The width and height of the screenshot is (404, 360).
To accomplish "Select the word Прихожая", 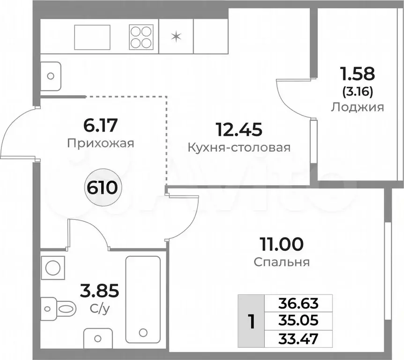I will click(100, 143).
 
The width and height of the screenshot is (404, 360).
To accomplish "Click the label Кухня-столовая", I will click(239, 148).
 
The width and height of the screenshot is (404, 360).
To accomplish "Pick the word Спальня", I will click(282, 262).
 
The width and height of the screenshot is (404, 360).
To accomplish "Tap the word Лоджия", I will click(357, 107).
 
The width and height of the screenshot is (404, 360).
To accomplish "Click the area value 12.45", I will click(238, 127).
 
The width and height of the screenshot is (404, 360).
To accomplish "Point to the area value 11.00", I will click(282, 244).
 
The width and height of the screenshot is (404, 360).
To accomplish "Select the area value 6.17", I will click(101, 125).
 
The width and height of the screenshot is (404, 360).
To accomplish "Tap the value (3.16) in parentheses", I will click(357, 91).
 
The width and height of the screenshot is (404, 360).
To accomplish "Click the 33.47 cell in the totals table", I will click(298, 338).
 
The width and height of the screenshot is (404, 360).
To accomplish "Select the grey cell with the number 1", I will click(252, 321).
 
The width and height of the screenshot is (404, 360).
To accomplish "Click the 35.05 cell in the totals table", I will click(298, 320).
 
